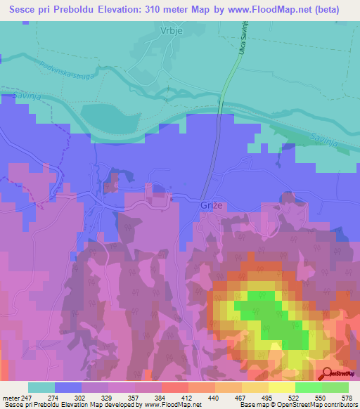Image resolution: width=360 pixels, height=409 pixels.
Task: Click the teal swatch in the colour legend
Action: [41, 387]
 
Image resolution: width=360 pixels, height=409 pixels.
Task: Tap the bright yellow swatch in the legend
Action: [281, 387]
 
